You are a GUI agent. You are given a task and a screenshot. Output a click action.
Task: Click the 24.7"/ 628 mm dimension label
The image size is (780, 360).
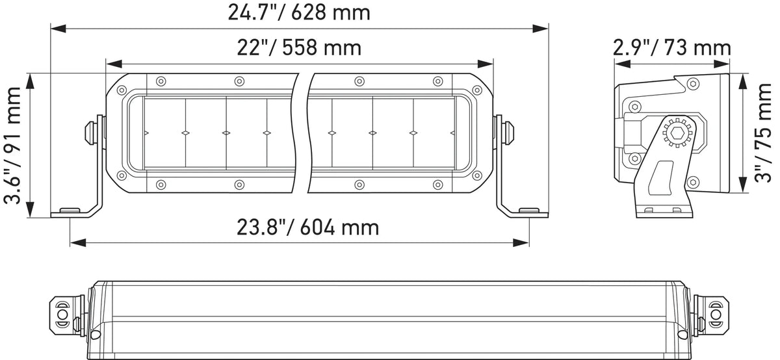coord(299,13)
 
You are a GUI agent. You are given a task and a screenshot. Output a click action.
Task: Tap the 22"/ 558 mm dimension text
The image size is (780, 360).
coord(299,47)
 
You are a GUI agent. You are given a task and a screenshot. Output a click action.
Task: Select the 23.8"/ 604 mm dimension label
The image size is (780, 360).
coord(308,227)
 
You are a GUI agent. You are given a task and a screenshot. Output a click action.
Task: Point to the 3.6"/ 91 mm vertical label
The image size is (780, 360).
coord(12,146)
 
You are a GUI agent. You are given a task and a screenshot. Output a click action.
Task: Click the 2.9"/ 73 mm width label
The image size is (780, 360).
coord(671,48)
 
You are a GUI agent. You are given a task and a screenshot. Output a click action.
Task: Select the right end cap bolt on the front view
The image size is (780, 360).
coord(508,133)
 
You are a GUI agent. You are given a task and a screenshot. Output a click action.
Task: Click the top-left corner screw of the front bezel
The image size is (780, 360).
coord(122,90)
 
